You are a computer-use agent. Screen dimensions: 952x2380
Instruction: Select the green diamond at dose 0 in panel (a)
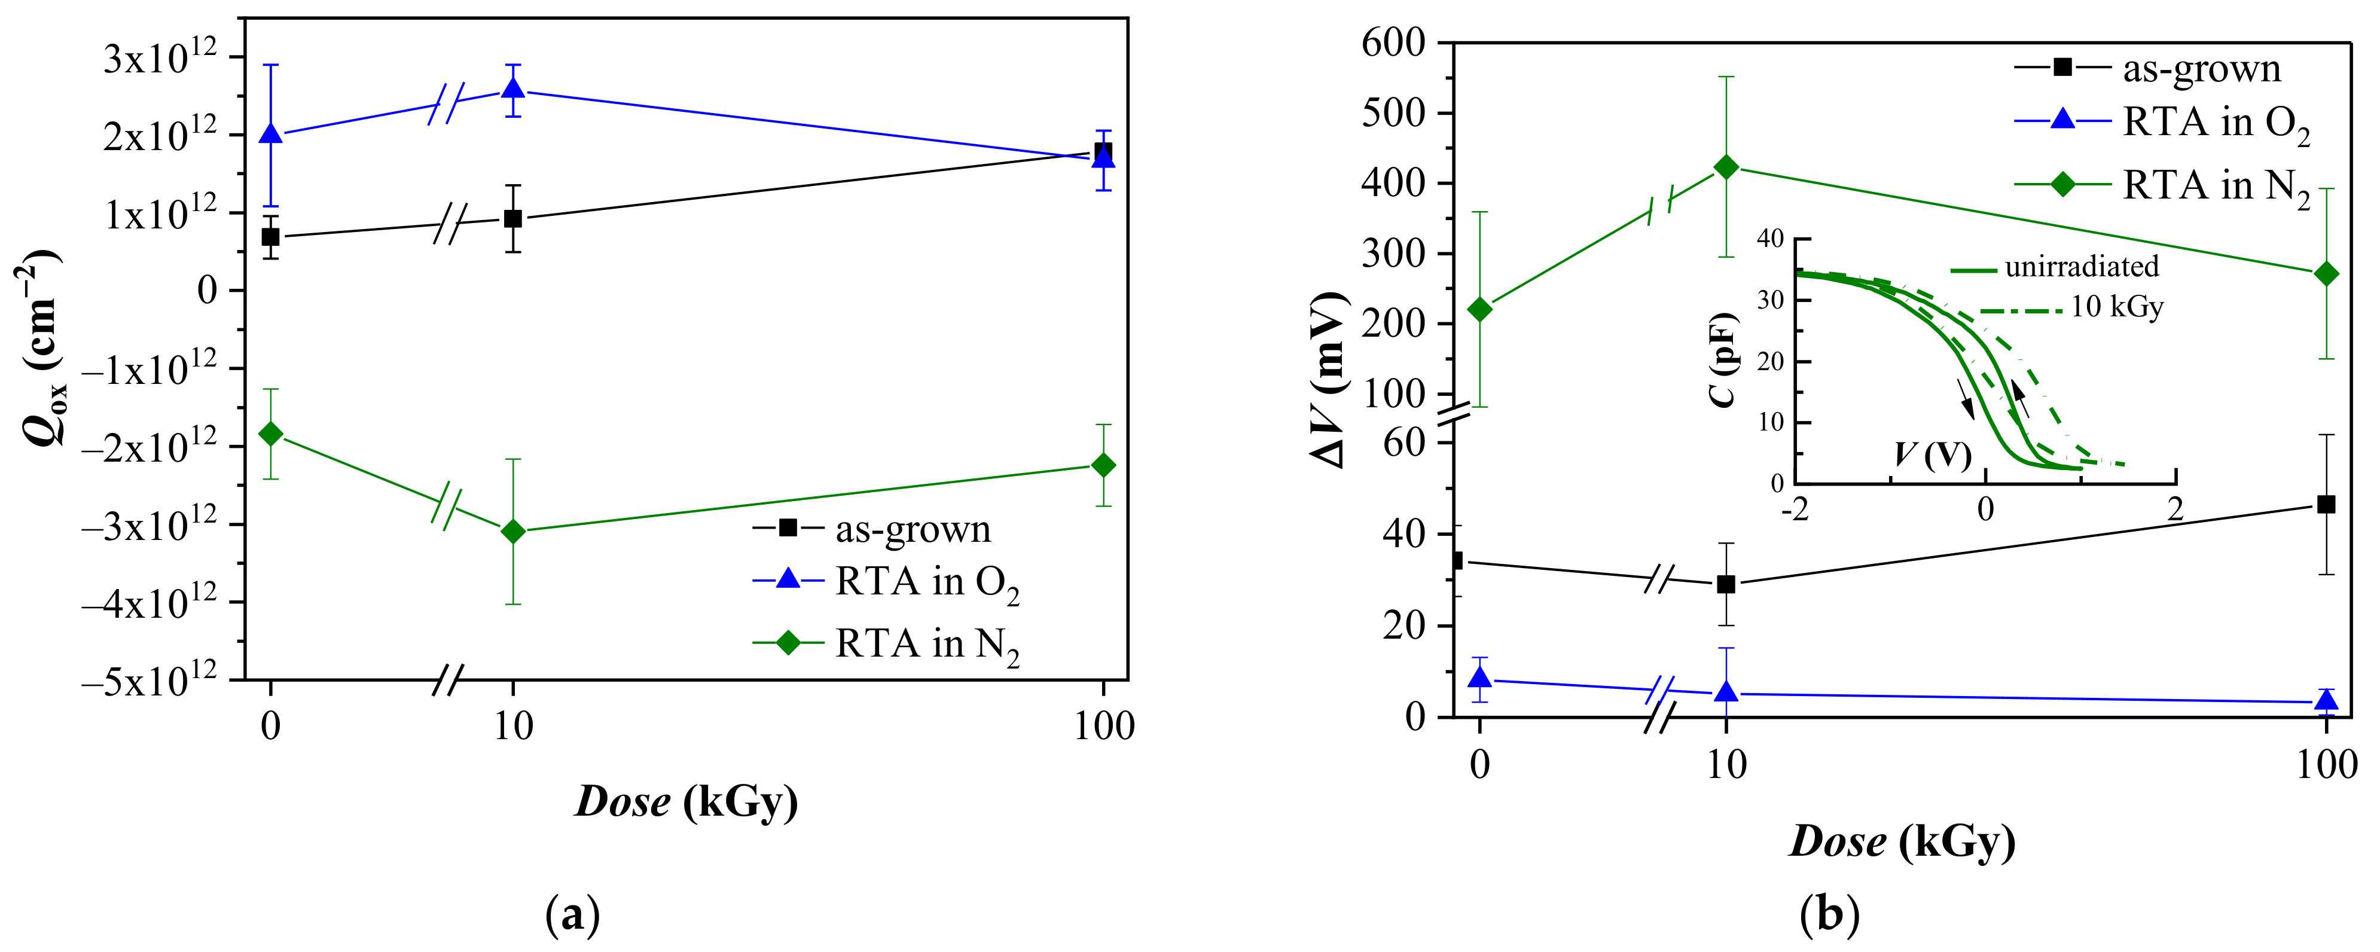[271, 434]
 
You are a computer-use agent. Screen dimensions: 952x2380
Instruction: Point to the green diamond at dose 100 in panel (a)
[1103, 465]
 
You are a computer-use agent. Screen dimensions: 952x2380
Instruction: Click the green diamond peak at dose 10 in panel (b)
[1726, 167]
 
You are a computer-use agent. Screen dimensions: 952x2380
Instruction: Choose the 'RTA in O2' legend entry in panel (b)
[2216, 123]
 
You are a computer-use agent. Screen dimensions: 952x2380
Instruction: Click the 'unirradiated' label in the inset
[2082, 267]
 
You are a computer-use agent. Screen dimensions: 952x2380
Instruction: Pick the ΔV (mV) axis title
[1331, 379]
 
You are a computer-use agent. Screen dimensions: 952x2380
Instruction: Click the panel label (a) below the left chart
[573, 915]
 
